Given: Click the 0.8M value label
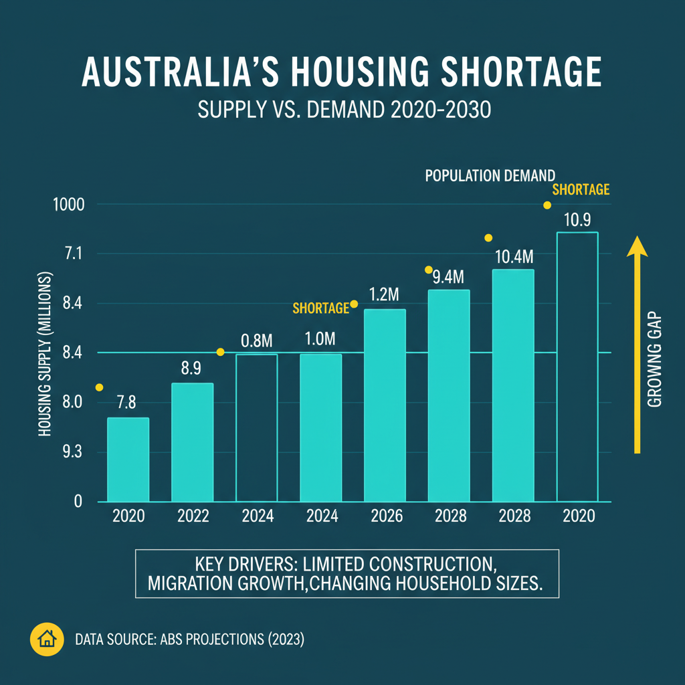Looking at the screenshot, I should [257, 340].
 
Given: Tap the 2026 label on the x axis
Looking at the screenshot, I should [386, 516].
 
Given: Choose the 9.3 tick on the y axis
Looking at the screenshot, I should [72, 452].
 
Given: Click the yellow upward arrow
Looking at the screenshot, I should [637, 345].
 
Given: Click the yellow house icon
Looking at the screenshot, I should [47, 640].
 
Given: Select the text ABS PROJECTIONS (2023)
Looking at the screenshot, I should [231, 640].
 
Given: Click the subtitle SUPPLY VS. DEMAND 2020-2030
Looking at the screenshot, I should [345, 110].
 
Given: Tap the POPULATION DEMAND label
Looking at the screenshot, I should [490, 176].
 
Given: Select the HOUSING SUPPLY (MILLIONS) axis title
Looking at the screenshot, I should [45, 355].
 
